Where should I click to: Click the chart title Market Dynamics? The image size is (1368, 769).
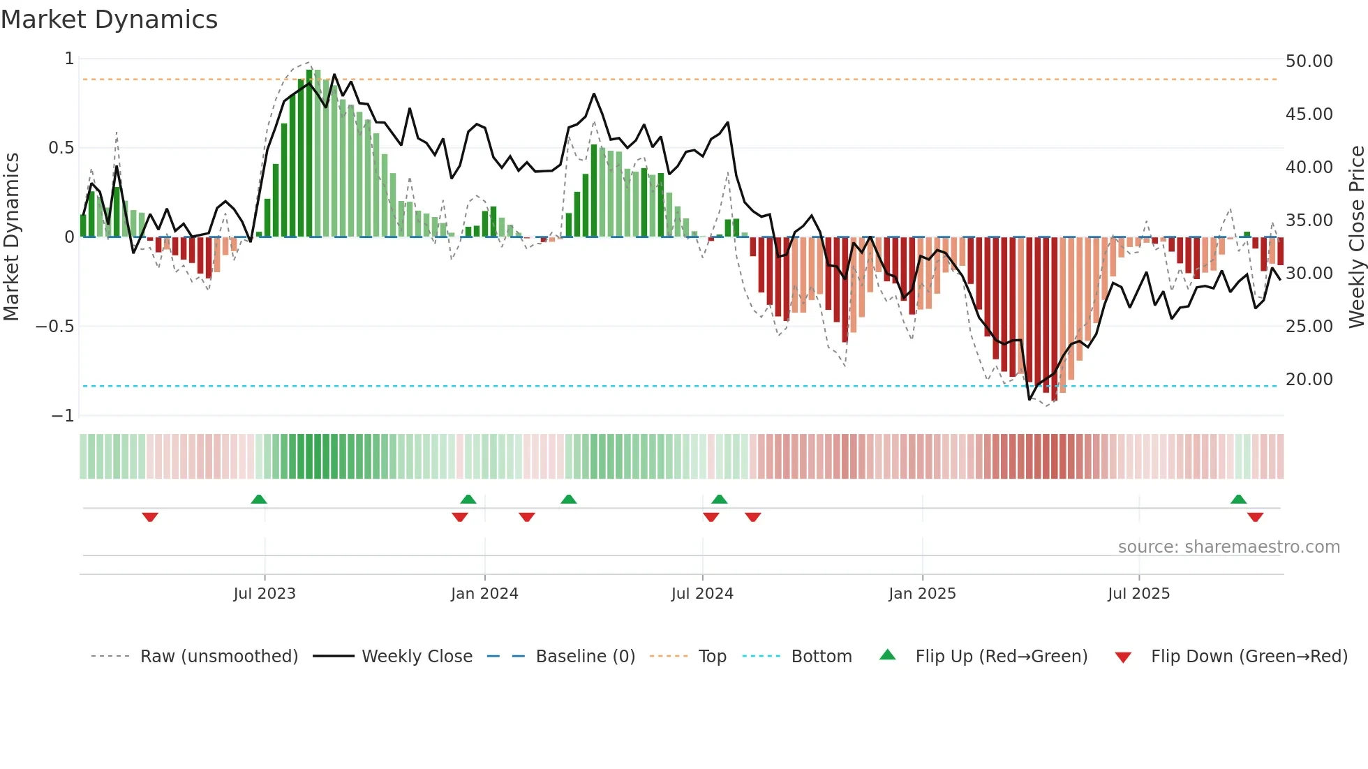109,20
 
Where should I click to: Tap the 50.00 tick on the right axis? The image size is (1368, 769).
1309,61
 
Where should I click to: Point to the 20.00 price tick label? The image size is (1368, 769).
1309,380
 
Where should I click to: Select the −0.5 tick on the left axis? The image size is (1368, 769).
54,327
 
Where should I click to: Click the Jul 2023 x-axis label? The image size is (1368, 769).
265,594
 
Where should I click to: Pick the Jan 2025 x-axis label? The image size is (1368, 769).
922,594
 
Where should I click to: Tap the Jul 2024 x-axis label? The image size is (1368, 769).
702,594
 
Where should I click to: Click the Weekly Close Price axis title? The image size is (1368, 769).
1356,237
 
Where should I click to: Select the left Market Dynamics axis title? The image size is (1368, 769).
11,237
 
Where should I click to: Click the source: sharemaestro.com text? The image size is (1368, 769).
1228,547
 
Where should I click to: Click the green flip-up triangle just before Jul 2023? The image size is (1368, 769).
259,499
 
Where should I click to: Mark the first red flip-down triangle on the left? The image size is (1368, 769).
150,517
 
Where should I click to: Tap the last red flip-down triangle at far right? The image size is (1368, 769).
1255,517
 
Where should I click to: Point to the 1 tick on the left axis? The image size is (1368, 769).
69,59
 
